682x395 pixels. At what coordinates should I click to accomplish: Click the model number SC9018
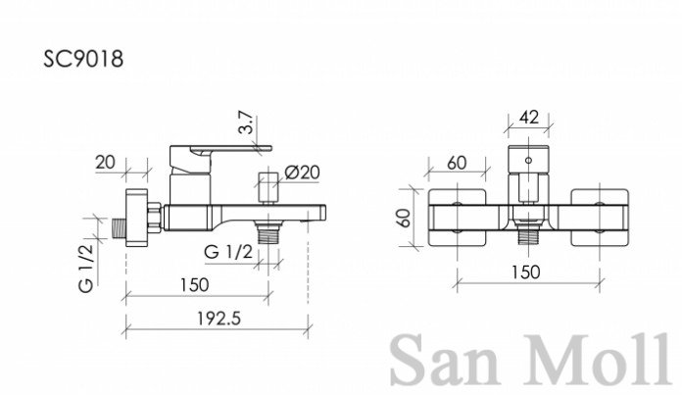coord(83,59)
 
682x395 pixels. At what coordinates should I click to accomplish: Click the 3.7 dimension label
coord(246,123)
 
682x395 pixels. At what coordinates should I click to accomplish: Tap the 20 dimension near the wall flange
coord(105,163)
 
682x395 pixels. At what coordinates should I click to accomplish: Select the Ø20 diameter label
coord(302,173)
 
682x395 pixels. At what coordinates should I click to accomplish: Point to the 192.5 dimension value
coord(219,319)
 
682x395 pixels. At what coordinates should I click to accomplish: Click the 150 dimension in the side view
coord(194,285)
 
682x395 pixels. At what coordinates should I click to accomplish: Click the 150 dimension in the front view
coord(525,272)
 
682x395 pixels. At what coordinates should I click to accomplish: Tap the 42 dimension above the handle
coord(529,118)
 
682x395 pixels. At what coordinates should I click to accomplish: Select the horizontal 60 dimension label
coord(457,163)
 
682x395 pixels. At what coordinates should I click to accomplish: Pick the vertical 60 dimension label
coord(404,218)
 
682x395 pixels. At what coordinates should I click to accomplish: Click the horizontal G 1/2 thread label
coord(228,252)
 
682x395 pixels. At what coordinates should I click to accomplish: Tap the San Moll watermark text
coord(529,360)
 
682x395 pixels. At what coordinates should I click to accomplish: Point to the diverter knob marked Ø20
coord(268,187)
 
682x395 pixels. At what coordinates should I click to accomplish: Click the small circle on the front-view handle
coord(528,161)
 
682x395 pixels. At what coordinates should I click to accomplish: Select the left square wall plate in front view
coord(457,218)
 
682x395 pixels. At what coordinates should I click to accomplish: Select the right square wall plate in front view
coord(600,218)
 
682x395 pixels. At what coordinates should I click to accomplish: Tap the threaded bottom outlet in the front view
coord(528,236)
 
